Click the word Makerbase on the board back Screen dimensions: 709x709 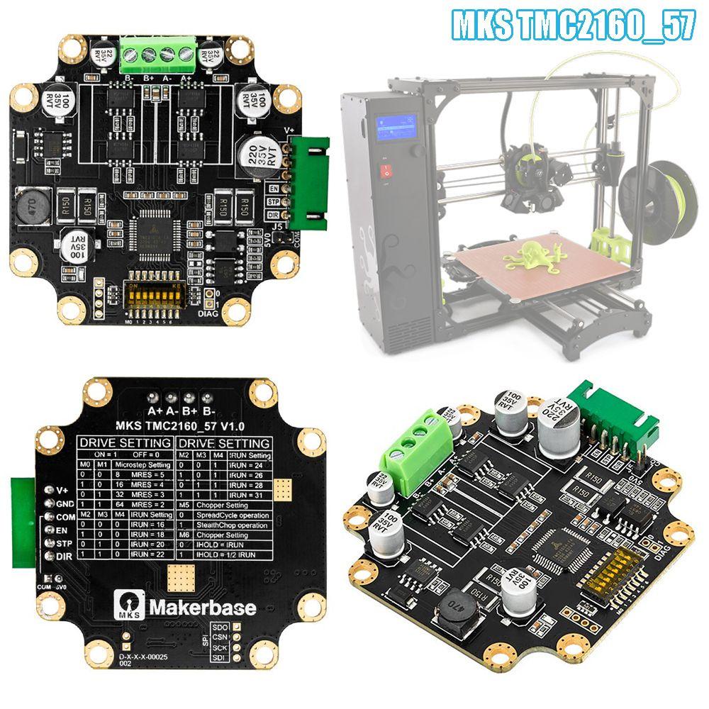[202, 607]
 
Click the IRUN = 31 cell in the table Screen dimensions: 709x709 [250, 495]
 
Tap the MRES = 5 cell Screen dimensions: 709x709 [151, 474]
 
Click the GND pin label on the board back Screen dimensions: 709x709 [64, 503]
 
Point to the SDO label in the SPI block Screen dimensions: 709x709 [220, 627]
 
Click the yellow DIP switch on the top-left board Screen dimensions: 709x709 [154, 293]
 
